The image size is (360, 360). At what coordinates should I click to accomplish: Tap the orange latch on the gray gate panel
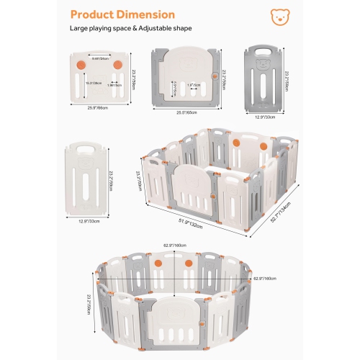coord(212,76)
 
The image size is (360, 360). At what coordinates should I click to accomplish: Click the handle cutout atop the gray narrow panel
coord(266,52)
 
